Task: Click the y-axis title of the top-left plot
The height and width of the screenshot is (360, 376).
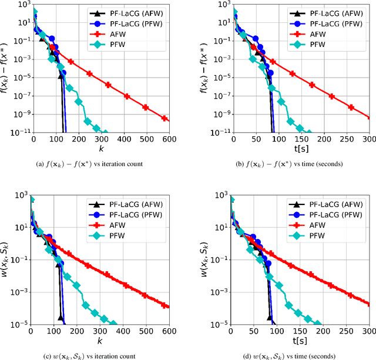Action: [8, 69]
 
